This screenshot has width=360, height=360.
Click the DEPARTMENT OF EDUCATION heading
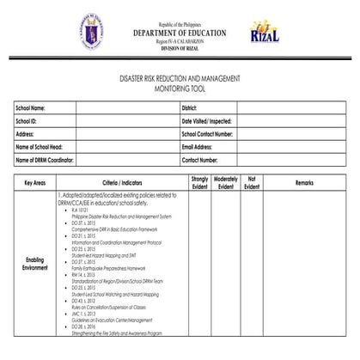(180, 34)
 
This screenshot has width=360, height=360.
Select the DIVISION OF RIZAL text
(180, 49)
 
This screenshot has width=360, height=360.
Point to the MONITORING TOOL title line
(180, 88)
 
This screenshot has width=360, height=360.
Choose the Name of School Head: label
(40, 147)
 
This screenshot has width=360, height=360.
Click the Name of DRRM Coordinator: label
(46, 160)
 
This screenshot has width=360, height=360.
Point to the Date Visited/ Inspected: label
(207, 122)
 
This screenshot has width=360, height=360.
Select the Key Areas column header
(35, 183)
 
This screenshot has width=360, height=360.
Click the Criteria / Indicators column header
(121, 183)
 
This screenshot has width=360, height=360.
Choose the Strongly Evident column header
(200, 182)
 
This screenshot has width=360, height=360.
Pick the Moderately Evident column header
(225, 182)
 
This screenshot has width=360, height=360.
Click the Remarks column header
(305, 183)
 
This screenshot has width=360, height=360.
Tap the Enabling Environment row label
(35, 262)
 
